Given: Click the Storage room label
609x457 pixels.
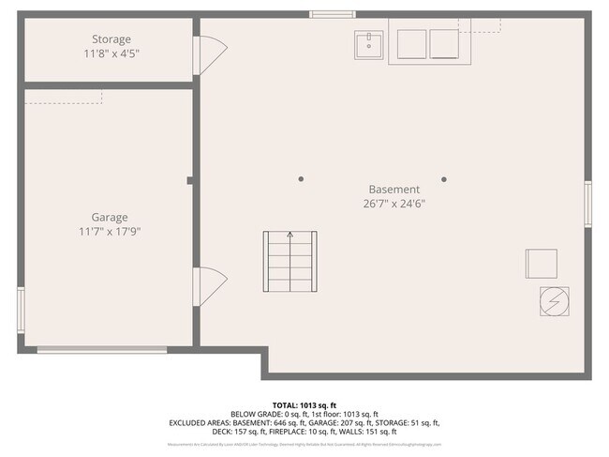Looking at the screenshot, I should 111,39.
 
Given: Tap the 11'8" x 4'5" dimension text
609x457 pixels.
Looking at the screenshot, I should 111,53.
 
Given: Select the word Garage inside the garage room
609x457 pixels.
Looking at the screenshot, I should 110,217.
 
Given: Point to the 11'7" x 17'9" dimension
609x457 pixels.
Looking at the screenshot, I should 110,231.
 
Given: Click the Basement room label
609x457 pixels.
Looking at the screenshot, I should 394,189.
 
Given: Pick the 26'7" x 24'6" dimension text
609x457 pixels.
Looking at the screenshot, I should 394,203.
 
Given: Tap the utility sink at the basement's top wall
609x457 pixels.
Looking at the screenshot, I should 368,44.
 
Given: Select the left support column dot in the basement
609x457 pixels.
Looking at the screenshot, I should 301,179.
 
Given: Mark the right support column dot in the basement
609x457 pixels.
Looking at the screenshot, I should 444,179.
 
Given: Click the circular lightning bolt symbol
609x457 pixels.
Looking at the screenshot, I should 552,300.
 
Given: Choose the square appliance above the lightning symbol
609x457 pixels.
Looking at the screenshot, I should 541,264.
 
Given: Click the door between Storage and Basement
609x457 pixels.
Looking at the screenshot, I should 208,54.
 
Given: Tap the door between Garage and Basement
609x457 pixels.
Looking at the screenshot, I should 208,286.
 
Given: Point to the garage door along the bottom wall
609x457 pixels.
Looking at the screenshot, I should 102,350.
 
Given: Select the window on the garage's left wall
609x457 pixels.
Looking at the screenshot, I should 21,310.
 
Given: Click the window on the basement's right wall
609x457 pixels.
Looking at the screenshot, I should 588,204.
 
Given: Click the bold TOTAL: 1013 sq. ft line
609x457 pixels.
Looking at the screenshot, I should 304,404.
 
